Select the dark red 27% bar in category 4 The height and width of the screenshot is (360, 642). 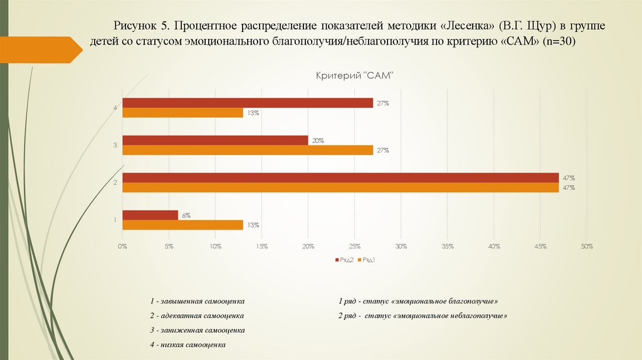tap(248, 103)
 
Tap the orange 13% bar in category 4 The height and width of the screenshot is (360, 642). tap(182, 113)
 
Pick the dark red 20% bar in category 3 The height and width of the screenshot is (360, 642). tap(215, 140)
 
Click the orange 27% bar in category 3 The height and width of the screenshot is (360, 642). tap(248, 151)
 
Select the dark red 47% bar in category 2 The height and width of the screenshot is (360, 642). tap(340, 177)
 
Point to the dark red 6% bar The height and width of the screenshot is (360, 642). tap(150, 215)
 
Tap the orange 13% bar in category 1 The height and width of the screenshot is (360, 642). tap(182, 225)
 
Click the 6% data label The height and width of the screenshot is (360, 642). tap(186, 215)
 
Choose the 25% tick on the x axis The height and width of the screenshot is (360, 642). tap(354, 246)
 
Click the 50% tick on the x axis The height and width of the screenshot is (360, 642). tap(587, 246)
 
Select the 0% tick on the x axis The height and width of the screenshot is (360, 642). tap(122, 246)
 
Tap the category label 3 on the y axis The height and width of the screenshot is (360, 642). tap(115, 146)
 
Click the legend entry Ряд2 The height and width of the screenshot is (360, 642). tap(345, 260)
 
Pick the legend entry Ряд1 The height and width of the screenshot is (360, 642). tap(366, 260)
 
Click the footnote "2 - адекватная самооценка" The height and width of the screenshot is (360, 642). tap(197, 315)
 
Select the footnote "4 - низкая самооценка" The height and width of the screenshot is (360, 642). tap(187, 344)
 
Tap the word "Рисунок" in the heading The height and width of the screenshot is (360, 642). tap(134, 27)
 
